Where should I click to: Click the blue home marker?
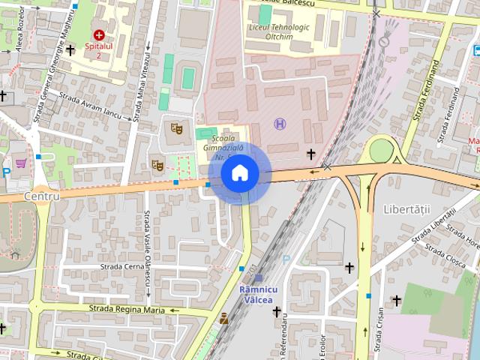(x=240, y=174)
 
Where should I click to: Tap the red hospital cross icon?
(x=99, y=34)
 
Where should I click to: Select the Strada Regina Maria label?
(x=126, y=308)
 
